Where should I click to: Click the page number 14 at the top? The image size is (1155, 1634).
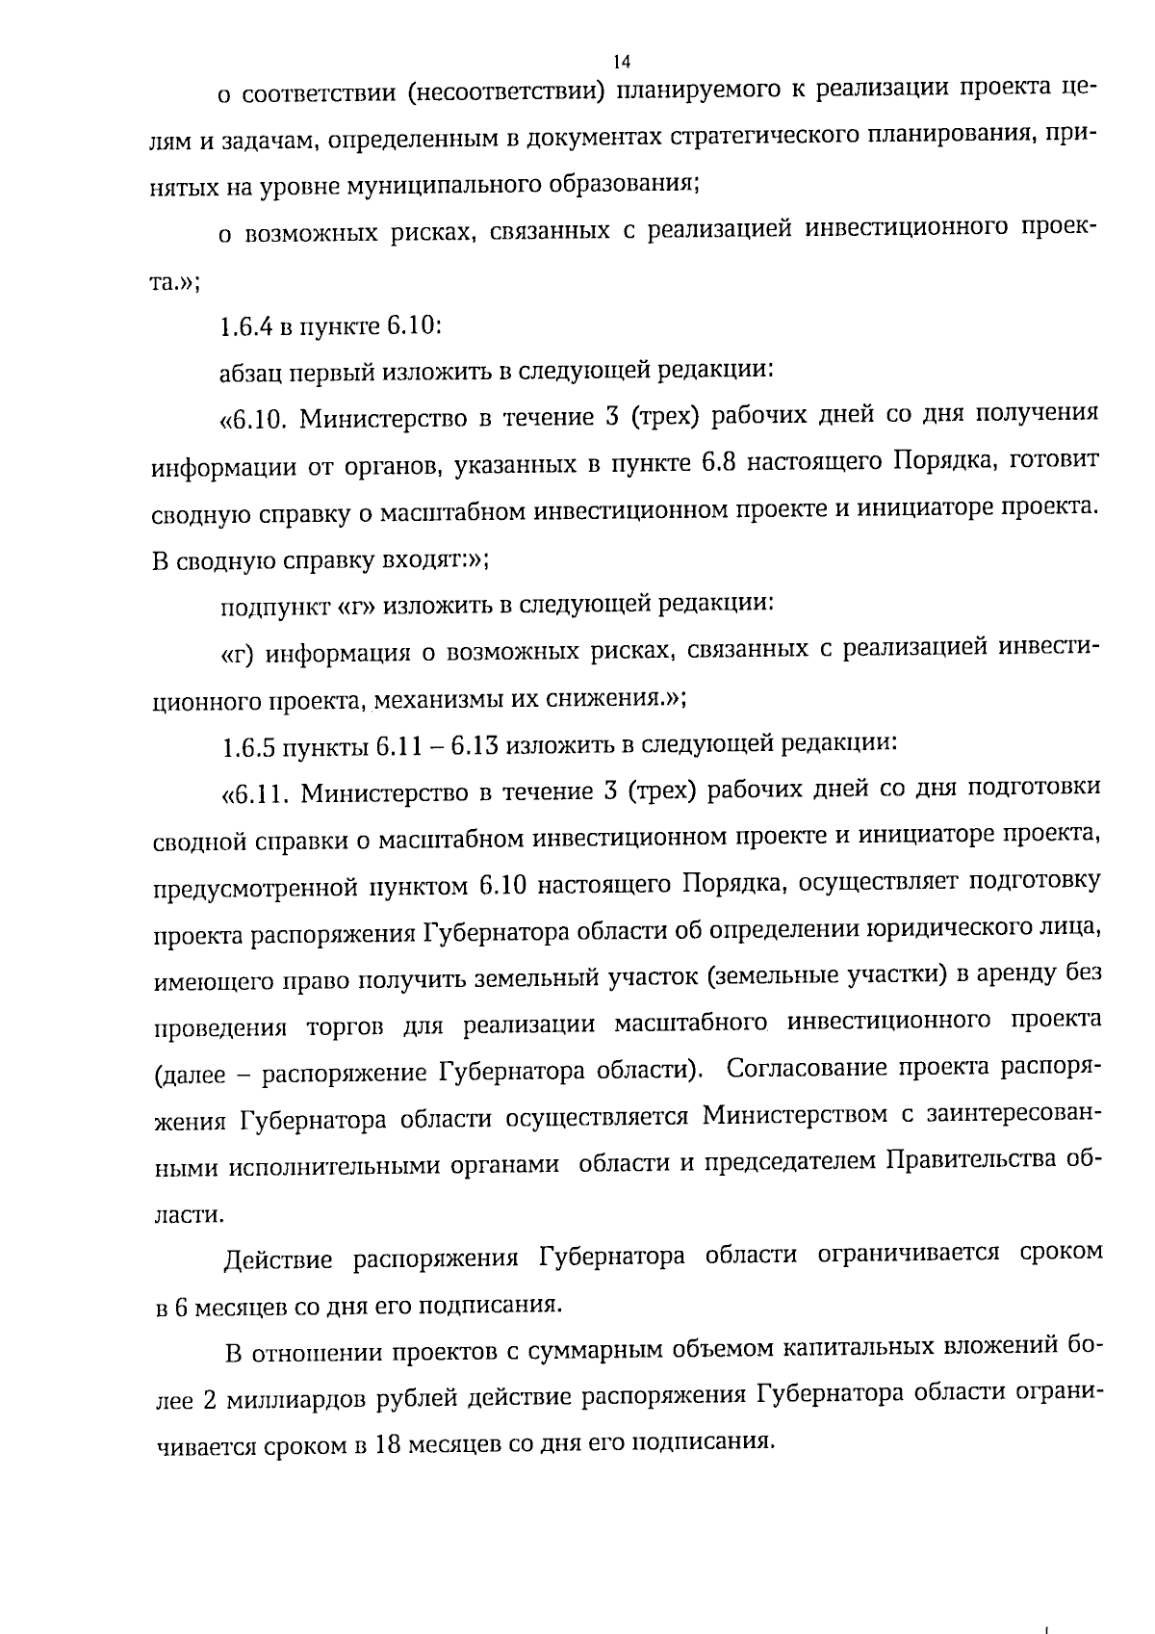tap(621, 62)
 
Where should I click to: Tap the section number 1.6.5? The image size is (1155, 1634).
tap(244, 745)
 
